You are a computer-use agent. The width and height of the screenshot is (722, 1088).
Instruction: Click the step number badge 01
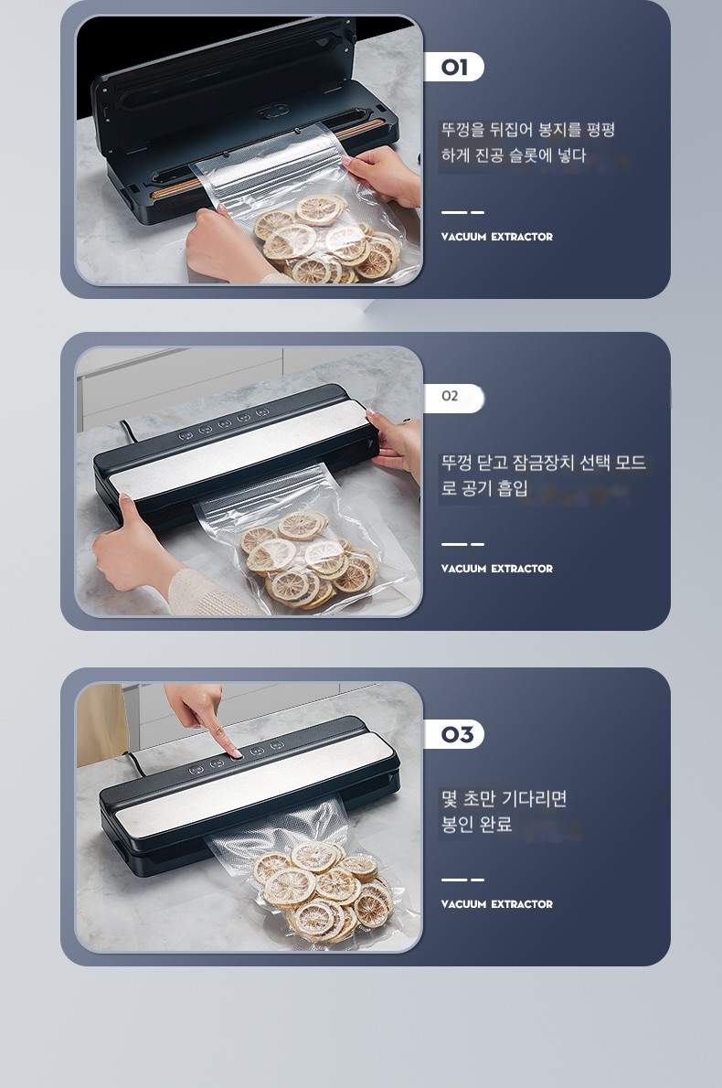tap(453, 68)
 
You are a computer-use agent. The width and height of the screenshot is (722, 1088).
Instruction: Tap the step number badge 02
tap(453, 398)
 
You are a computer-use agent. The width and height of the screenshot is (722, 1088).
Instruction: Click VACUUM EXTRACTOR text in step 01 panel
tap(496, 237)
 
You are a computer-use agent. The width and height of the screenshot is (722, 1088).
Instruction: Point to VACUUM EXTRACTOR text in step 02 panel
tap(496, 569)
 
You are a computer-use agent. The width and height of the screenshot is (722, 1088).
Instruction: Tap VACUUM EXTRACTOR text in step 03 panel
tap(496, 904)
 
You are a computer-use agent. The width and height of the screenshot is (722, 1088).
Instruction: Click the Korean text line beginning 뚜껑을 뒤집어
tap(528, 130)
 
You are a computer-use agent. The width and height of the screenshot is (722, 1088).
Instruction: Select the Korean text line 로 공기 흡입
tap(484, 488)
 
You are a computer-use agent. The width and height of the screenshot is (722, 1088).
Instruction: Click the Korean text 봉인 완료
tap(476, 825)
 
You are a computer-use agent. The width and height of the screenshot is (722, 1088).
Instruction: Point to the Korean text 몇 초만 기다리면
tap(504, 799)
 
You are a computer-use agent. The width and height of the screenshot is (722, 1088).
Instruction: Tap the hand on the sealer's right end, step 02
tap(396, 444)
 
